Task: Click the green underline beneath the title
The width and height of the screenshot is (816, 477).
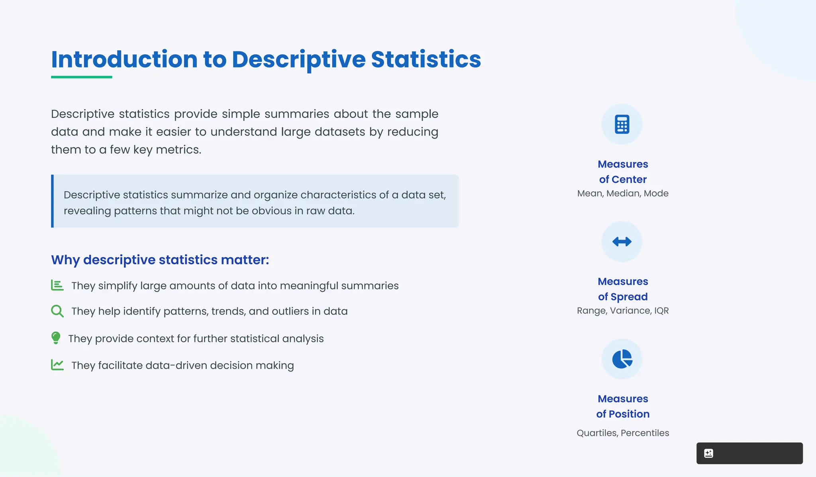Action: (81, 77)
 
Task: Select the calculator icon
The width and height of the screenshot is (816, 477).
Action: (622, 124)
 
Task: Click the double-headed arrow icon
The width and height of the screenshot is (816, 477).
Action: (622, 241)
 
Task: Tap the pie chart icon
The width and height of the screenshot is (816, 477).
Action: (622, 359)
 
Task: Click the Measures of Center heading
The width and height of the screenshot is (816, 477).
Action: (623, 172)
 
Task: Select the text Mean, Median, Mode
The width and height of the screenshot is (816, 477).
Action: (623, 194)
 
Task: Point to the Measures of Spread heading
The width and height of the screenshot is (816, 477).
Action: (623, 289)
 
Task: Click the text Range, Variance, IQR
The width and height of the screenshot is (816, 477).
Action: (623, 311)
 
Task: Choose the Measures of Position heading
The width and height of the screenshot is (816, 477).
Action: (623, 406)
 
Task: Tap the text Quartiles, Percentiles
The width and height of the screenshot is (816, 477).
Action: (623, 433)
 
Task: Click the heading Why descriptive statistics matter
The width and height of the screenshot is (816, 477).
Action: (160, 260)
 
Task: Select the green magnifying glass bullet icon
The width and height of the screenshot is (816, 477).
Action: (57, 311)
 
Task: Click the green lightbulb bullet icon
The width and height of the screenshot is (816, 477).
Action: (56, 338)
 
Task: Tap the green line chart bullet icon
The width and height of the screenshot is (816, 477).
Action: (57, 365)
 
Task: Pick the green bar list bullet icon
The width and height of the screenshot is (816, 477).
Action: (57, 285)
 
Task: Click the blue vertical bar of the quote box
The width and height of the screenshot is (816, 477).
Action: (52, 201)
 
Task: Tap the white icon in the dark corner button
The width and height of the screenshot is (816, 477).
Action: (708, 453)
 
